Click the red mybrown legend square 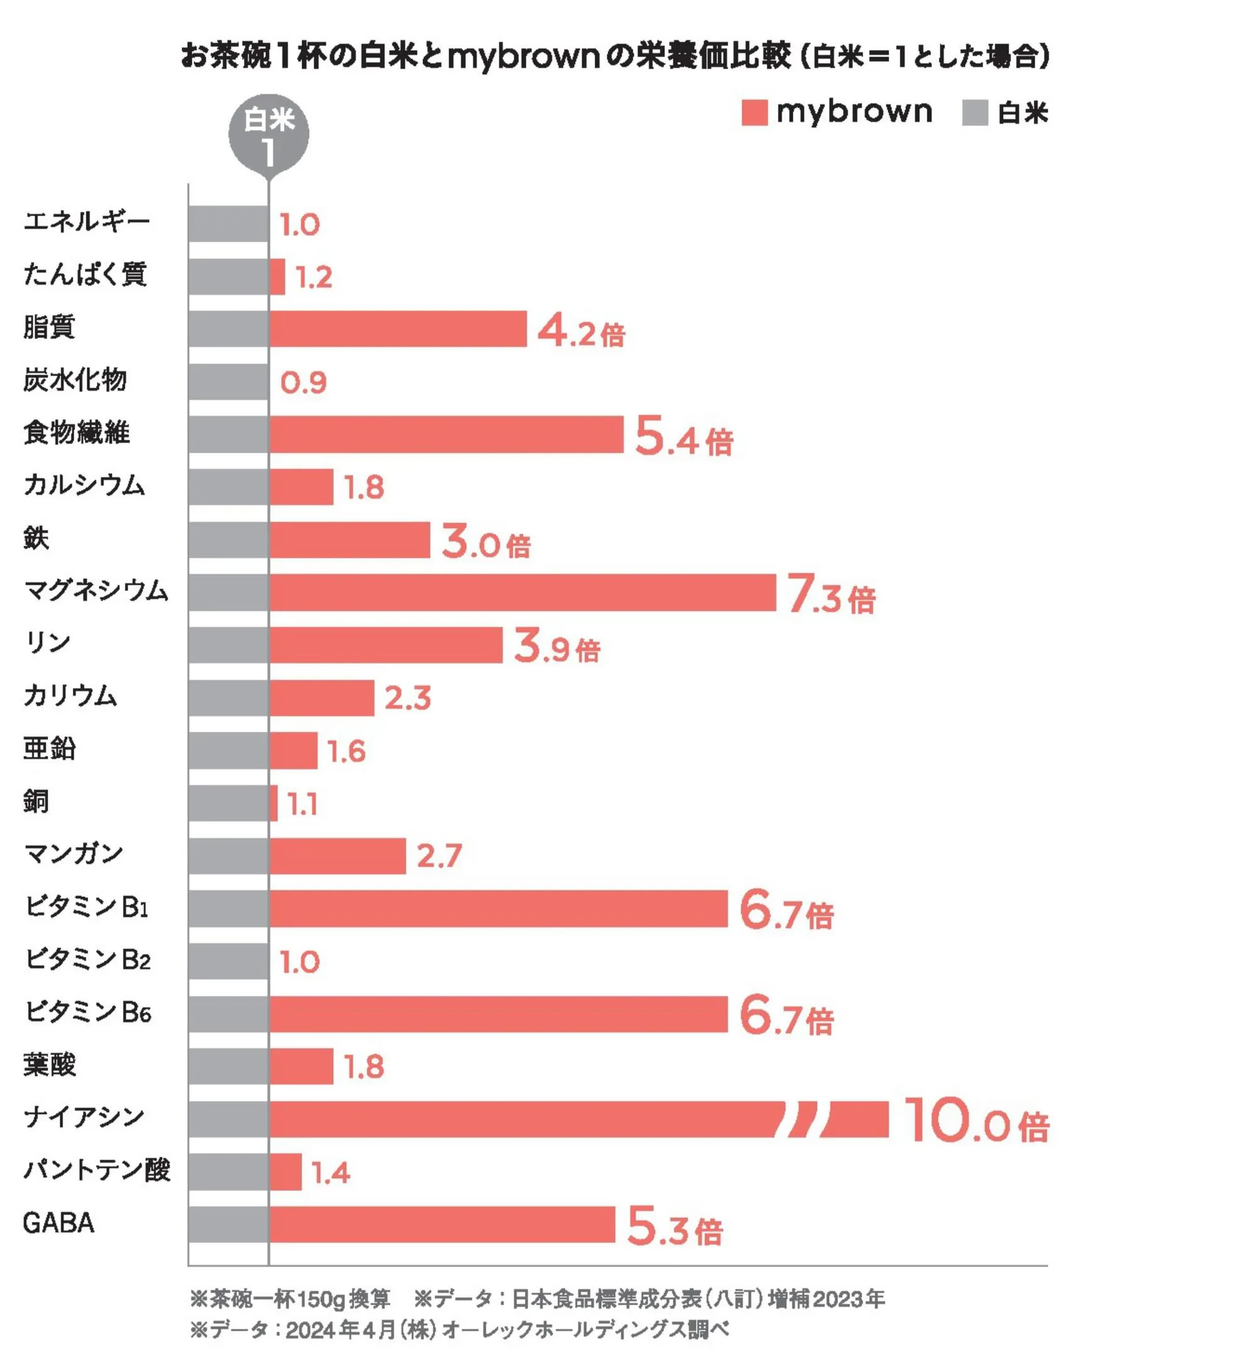coord(754,113)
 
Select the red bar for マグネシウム coord(522,593)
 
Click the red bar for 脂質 coord(397,329)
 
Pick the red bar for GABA coord(442,1225)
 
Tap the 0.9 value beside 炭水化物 coord(303,384)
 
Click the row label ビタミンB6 coord(87,1012)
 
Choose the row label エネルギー coord(86,221)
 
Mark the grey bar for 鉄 coord(228,540)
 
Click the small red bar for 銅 coord(274,803)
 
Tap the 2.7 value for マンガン coord(440,856)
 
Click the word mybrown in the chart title coord(523,57)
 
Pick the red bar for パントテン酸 coord(285,1172)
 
